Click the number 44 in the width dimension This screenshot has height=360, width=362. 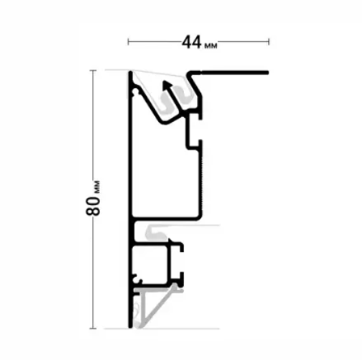(x=191, y=42)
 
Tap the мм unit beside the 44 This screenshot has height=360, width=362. (x=211, y=45)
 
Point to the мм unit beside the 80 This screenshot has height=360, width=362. (x=97, y=187)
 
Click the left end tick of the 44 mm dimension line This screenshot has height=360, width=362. (x=129, y=42)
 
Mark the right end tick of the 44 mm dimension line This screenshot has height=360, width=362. (x=269, y=42)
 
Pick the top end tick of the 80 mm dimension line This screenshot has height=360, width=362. (x=93, y=71)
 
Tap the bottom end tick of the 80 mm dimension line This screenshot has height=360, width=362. (x=93, y=328)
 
